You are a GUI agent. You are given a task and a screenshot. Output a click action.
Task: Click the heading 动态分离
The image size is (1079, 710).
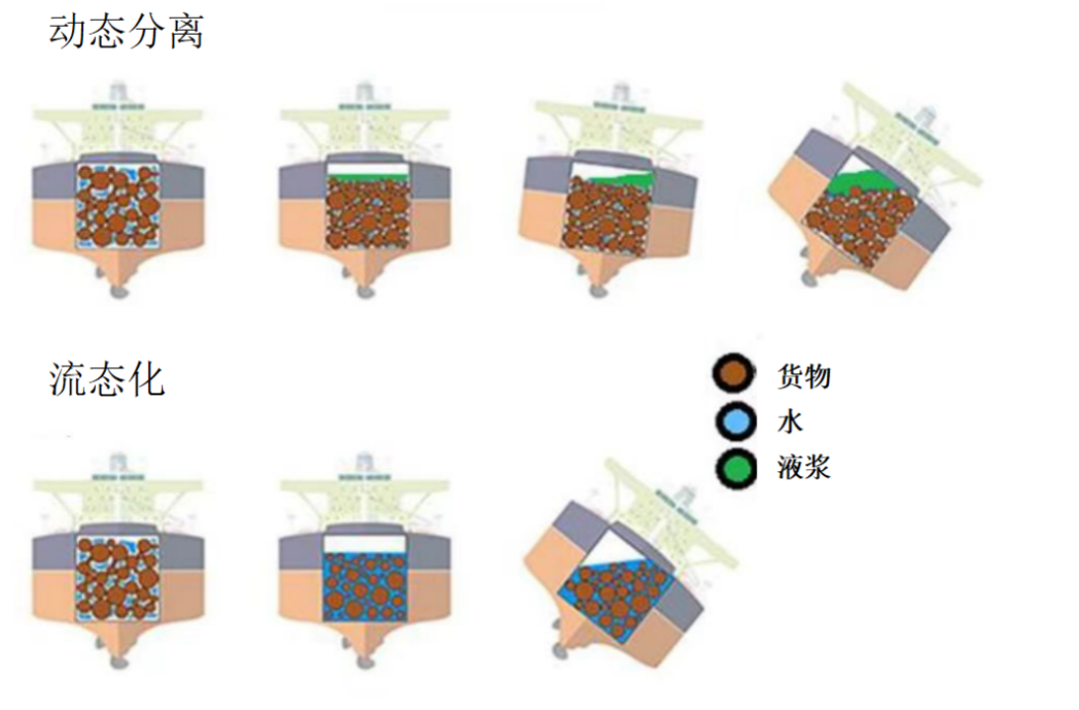click(127, 31)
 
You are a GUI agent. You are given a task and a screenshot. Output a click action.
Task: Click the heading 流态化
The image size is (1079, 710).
click(107, 379)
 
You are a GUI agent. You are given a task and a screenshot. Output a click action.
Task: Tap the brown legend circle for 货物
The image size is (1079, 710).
click(735, 374)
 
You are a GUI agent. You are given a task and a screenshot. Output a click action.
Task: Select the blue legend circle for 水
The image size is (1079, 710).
click(735, 421)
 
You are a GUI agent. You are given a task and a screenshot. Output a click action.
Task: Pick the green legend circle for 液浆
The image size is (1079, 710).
click(735, 467)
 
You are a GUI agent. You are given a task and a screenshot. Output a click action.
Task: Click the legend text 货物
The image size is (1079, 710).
click(803, 376)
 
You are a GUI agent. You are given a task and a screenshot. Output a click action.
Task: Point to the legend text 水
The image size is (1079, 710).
click(790, 421)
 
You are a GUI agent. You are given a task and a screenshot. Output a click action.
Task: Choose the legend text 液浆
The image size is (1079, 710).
click(803, 467)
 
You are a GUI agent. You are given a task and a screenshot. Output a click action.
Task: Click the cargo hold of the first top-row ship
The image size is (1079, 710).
click(118, 206)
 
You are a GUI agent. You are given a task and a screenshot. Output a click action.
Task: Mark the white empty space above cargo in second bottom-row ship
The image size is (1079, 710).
click(365, 543)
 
